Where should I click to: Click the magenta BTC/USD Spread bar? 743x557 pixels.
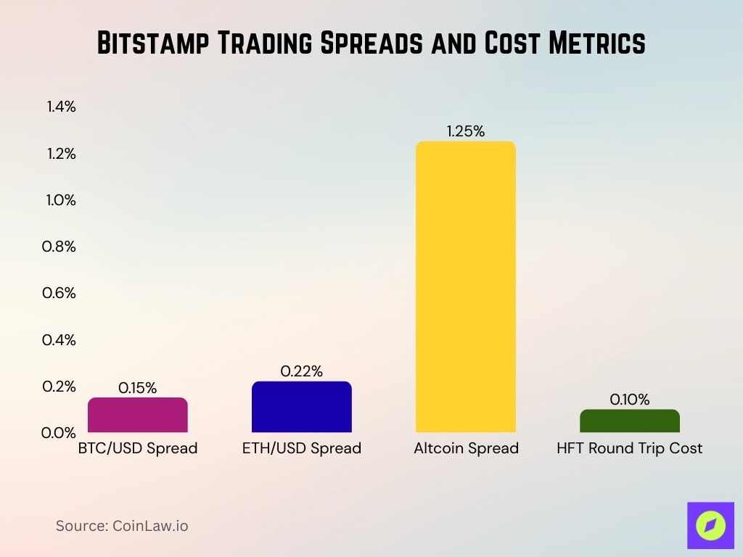pyautogui.click(x=137, y=415)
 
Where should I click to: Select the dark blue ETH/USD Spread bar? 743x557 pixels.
pyautogui.click(x=301, y=407)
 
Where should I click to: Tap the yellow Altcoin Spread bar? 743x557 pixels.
pyautogui.click(x=465, y=287)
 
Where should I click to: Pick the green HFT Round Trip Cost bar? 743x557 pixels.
pyautogui.click(x=629, y=421)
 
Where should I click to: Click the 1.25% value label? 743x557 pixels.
pyautogui.click(x=465, y=131)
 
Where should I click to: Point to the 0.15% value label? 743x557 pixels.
pyautogui.click(x=137, y=388)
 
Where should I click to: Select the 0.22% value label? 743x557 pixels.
pyautogui.click(x=301, y=371)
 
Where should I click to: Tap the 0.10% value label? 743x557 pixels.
pyautogui.click(x=629, y=400)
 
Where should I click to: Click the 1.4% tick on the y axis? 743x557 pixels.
pyautogui.click(x=61, y=107)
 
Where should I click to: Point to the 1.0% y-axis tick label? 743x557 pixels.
pyautogui.click(x=61, y=200)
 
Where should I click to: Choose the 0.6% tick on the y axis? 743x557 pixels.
pyautogui.click(x=61, y=293)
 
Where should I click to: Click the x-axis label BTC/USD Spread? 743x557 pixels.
pyautogui.click(x=137, y=448)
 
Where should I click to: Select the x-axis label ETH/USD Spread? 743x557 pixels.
pyautogui.click(x=301, y=448)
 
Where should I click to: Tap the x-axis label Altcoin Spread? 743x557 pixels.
pyautogui.click(x=466, y=448)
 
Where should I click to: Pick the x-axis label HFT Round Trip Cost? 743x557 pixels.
pyautogui.click(x=629, y=448)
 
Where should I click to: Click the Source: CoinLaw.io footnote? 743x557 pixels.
pyautogui.click(x=122, y=526)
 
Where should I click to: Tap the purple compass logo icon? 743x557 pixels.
pyautogui.click(x=710, y=524)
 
